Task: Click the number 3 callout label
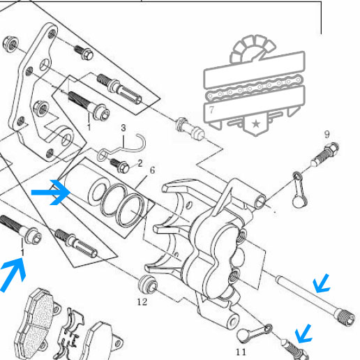pyautogui.click(x=123, y=128)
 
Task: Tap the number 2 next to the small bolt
pyautogui.click(x=140, y=163)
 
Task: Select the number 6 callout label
pyautogui.click(x=152, y=170)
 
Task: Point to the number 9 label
pyautogui.click(x=327, y=134)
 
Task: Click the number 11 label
pyautogui.click(x=241, y=352)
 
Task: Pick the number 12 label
pyautogui.click(x=142, y=302)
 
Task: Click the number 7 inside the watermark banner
pyautogui.click(x=211, y=110)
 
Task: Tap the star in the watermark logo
pyautogui.click(x=256, y=123)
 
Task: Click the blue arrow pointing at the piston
pyautogui.click(x=52, y=193)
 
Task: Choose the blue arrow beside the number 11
pyautogui.click(x=303, y=334)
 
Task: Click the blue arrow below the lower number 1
pyautogui.click(x=13, y=275)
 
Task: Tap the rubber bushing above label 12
pyautogui.click(x=148, y=285)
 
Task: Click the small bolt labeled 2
pyautogui.click(x=119, y=165)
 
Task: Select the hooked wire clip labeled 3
pyautogui.click(x=121, y=148)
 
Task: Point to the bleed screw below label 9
pyautogui.click(x=325, y=154)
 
